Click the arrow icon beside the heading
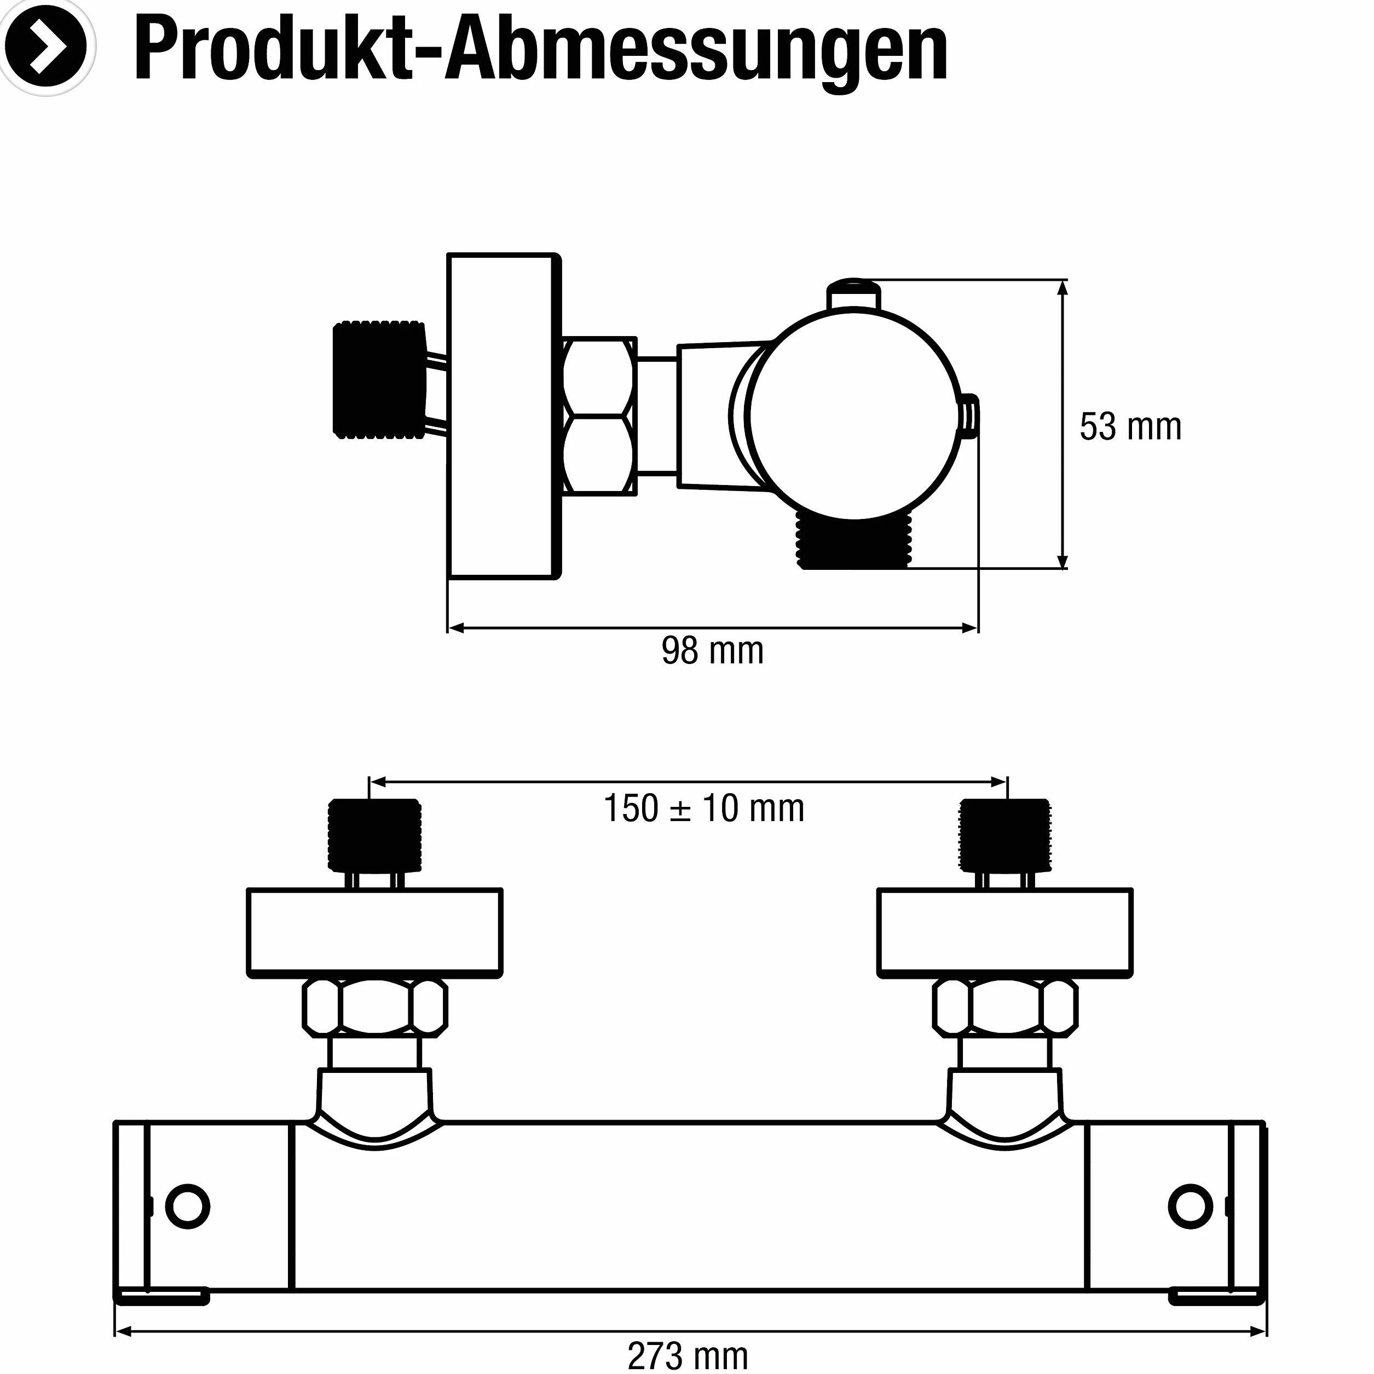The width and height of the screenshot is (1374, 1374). point(46,46)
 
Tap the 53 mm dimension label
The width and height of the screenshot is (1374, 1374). point(1130,427)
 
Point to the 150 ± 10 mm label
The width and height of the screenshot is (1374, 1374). point(703,809)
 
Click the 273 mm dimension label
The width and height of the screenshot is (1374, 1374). point(688,1355)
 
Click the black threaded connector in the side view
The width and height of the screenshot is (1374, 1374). point(379,379)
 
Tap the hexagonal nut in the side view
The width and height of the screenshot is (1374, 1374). point(599,415)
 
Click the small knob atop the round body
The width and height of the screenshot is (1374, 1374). point(853,295)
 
